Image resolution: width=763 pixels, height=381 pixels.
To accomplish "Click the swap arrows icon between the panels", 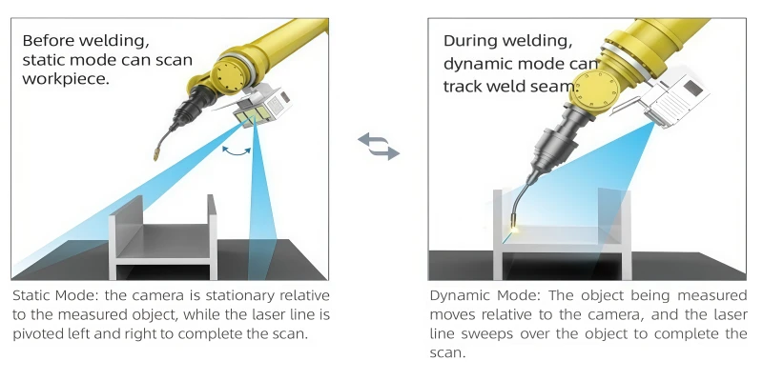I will click(x=379, y=146).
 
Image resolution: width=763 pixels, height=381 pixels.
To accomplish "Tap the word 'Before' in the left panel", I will click(x=50, y=41).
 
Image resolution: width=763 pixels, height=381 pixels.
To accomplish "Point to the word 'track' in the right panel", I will click(x=464, y=86).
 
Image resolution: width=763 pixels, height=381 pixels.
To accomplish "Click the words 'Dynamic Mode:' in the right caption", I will click(x=482, y=296).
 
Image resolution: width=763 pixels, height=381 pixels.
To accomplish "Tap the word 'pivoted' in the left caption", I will click(x=41, y=333).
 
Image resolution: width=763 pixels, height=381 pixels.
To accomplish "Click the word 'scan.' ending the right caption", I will click(x=447, y=352).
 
